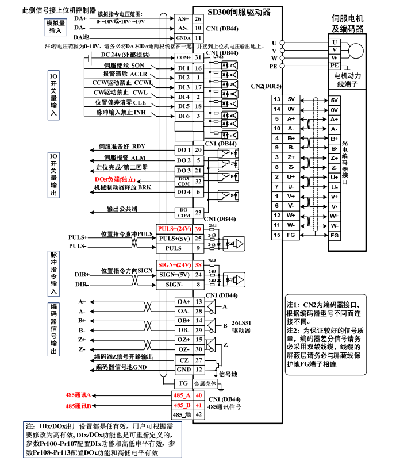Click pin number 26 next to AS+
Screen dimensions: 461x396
[198, 19]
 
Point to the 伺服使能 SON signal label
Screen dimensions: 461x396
[124, 66]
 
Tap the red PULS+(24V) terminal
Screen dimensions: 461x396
[174, 229]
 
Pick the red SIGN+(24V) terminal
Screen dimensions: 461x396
[174, 265]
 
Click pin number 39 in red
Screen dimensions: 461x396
[198, 229]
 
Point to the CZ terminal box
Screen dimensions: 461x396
[183, 359]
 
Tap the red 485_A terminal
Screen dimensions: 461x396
[182, 395]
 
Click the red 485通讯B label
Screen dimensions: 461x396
[78, 406]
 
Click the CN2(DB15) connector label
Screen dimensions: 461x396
[266, 87]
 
